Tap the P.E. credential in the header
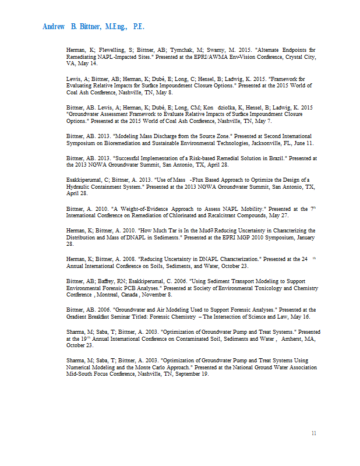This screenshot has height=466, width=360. (x=139, y=27)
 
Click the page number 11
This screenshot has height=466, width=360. (x=314, y=433)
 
